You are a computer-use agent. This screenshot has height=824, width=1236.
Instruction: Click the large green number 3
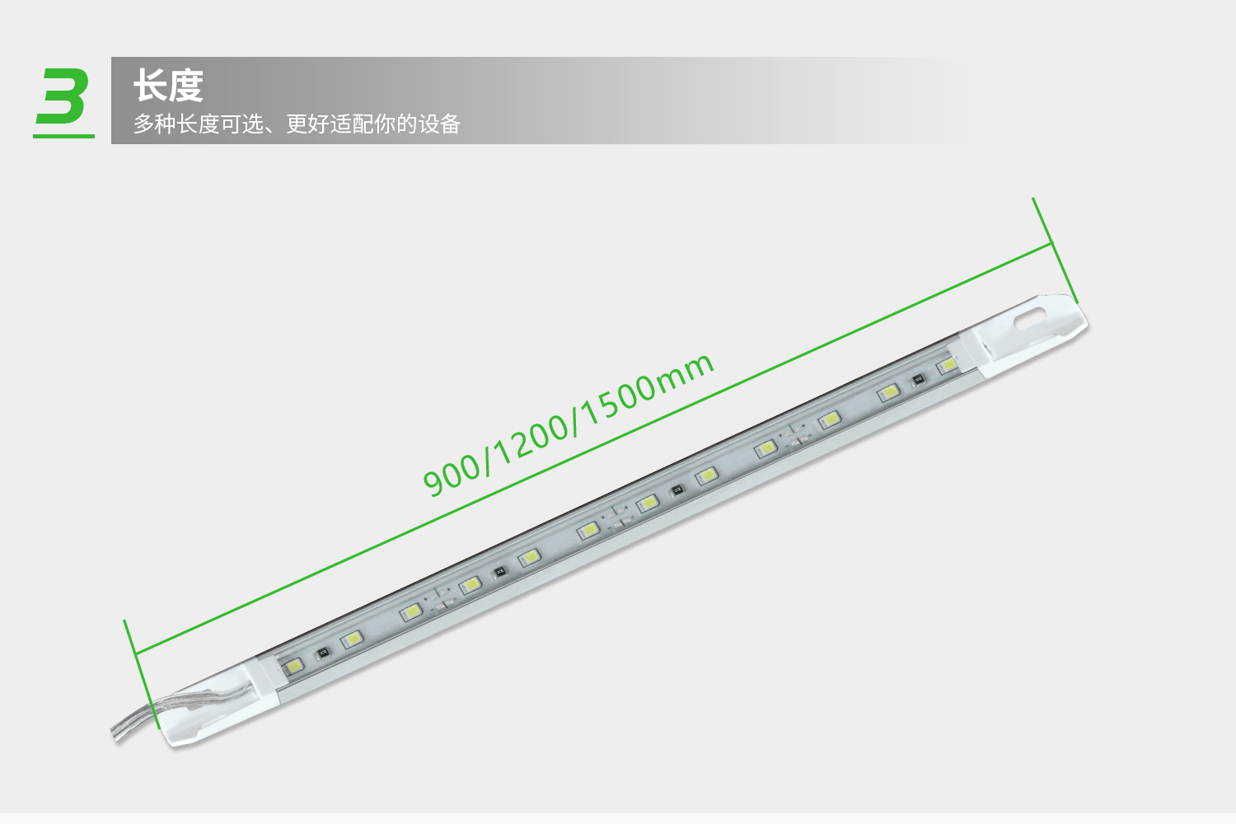(x=63, y=96)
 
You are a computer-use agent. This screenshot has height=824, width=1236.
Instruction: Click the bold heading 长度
(x=168, y=86)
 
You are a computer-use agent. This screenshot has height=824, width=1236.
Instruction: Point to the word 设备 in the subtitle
(x=439, y=124)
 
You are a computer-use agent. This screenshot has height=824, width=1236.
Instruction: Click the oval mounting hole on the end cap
(x=1030, y=318)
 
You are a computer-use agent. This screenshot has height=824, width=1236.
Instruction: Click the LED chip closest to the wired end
(x=293, y=666)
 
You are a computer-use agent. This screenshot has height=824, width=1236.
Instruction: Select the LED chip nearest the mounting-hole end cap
(x=947, y=364)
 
